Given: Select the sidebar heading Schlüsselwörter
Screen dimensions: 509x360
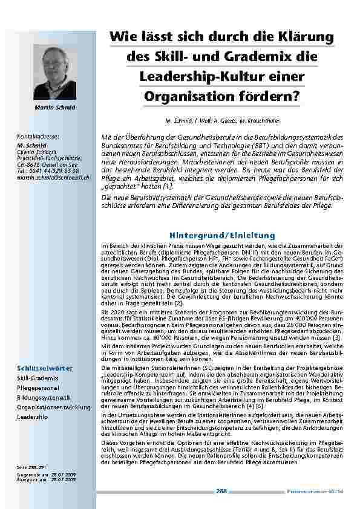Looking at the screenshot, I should [45, 368].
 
